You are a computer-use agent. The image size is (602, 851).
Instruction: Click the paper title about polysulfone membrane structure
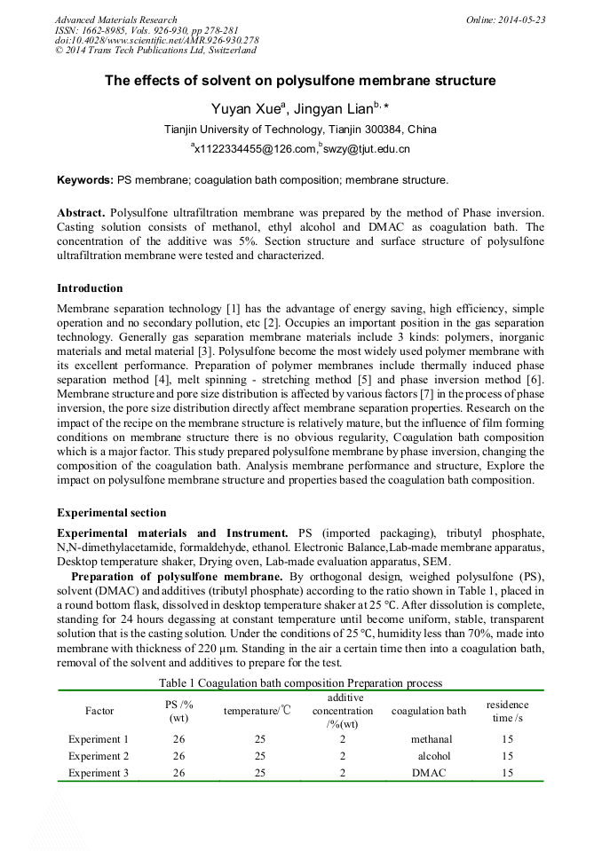[x=300, y=81]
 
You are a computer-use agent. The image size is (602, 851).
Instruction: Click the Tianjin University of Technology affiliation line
[x=300, y=130]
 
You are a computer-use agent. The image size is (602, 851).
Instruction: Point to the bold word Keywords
[x=85, y=180]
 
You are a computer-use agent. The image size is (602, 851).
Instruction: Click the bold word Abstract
[x=81, y=214]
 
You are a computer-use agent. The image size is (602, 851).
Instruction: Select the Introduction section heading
[x=90, y=288]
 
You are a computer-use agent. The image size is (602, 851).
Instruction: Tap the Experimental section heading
[x=111, y=513]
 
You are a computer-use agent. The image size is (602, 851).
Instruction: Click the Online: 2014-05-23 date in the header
[x=505, y=20]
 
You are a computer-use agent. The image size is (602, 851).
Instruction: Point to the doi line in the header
[x=156, y=40]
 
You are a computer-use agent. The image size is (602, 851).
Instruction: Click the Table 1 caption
[x=300, y=682]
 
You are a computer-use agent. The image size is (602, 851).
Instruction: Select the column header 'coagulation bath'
[x=429, y=711]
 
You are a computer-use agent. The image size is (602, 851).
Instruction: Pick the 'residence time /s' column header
[x=507, y=711]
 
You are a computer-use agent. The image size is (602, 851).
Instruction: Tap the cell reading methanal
[x=431, y=739]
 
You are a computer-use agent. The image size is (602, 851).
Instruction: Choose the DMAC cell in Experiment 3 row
[x=431, y=773]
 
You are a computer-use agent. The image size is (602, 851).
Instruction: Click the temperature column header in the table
[x=257, y=711]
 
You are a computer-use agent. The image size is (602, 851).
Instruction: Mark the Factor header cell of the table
[x=99, y=711]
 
